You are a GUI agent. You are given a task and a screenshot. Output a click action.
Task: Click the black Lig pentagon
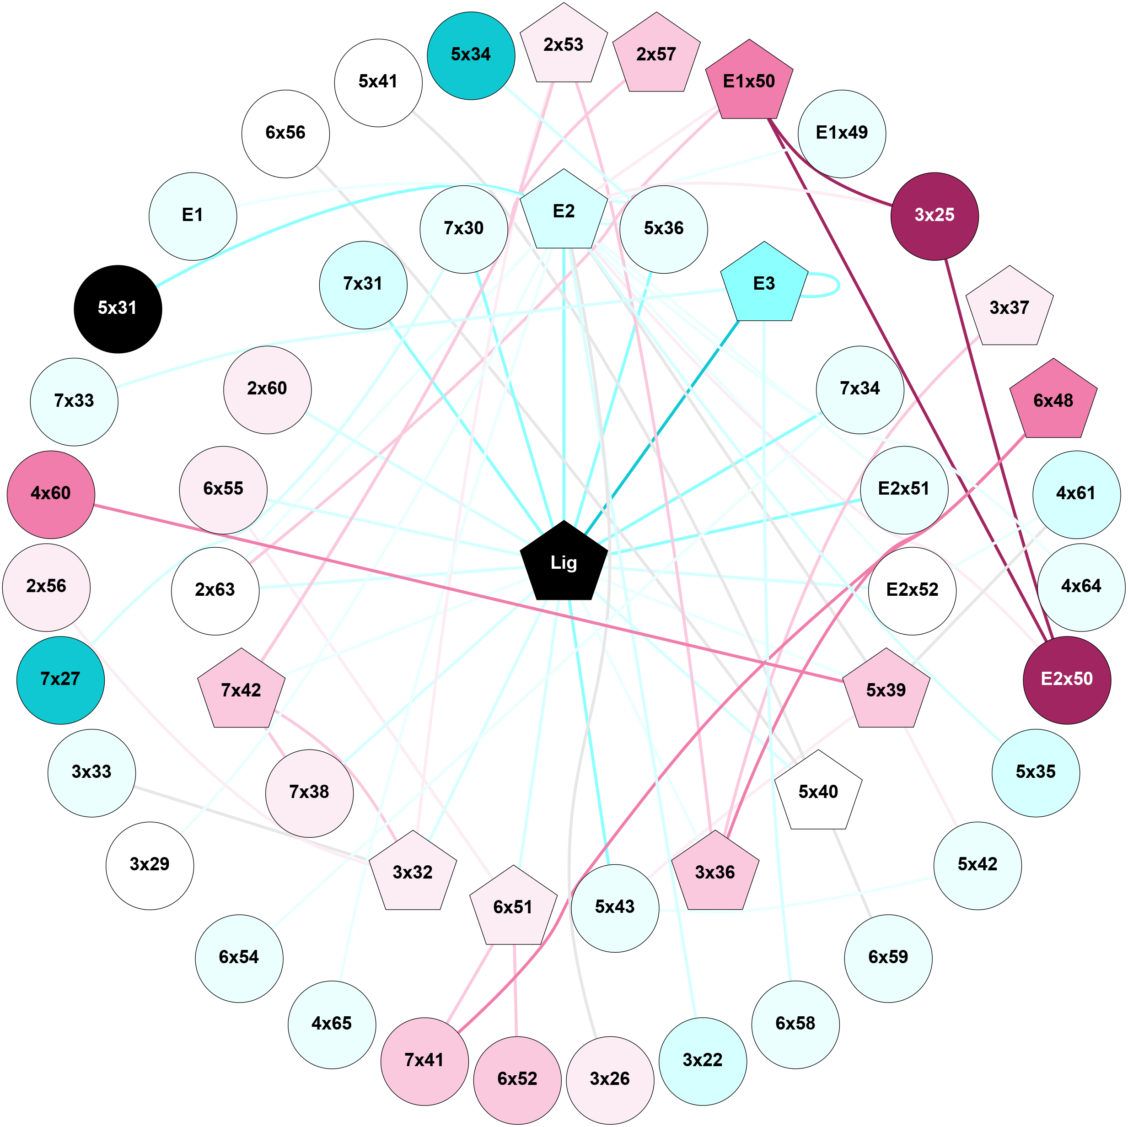pyautogui.click(x=564, y=562)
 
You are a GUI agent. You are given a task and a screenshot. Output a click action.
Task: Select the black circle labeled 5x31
pyautogui.click(x=118, y=309)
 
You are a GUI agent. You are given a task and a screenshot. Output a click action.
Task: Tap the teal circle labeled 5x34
pyautogui.click(x=471, y=55)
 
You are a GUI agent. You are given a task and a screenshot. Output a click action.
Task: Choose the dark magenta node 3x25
pyautogui.click(x=934, y=216)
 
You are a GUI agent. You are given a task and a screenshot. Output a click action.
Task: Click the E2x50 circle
pyautogui.click(x=1067, y=679)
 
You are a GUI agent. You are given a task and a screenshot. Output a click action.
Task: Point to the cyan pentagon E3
pyautogui.click(x=764, y=284)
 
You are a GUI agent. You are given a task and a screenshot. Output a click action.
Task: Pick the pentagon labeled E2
pyautogui.click(x=564, y=212)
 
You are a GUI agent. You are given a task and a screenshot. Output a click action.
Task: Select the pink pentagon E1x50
pyautogui.click(x=749, y=82)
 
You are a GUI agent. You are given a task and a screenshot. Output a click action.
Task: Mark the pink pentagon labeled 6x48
pyautogui.click(x=1053, y=402)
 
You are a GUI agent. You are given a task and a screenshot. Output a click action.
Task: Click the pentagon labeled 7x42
pyautogui.click(x=241, y=691)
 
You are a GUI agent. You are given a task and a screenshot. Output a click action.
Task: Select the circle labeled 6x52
pyautogui.click(x=517, y=1079)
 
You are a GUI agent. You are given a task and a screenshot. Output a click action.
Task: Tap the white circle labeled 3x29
pyautogui.click(x=150, y=865)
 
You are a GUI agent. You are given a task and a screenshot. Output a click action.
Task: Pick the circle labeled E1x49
pyautogui.click(x=841, y=134)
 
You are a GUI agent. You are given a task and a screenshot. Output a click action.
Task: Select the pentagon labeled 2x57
pyautogui.click(x=656, y=55)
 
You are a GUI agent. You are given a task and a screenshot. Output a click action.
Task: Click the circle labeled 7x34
pyautogui.click(x=859, y=389)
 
